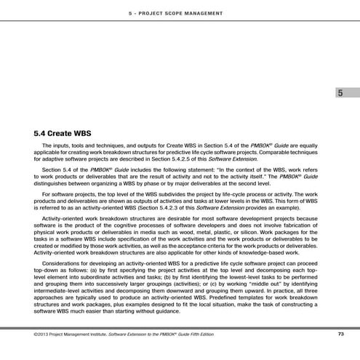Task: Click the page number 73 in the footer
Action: coord(340,335)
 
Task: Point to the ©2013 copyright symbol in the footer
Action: coord(36,335)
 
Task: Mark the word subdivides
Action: coord(174,194)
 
